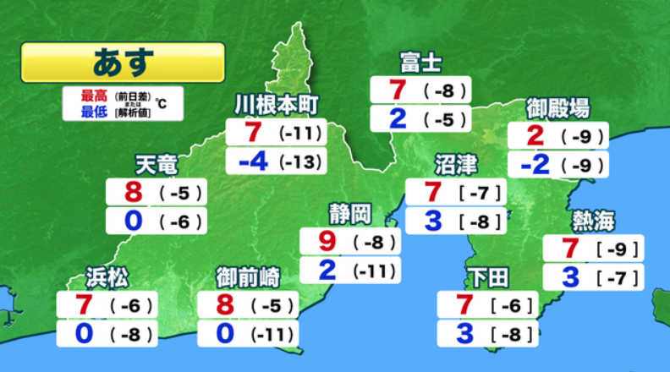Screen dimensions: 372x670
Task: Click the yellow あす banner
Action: tap(123, 62)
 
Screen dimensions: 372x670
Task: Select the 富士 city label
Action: tap(420, 63)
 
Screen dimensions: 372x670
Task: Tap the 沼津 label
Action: tap(456, 164)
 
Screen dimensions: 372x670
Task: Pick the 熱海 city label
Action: tap(593, 222)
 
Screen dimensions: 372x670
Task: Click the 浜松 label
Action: tap(107, 276)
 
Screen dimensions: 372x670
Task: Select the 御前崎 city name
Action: tap(248, 276)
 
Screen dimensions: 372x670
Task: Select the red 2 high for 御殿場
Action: tap(535, 135)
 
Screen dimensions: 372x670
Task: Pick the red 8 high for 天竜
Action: tap(133, 193)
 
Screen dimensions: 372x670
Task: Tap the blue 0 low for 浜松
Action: tap(83, 333)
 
